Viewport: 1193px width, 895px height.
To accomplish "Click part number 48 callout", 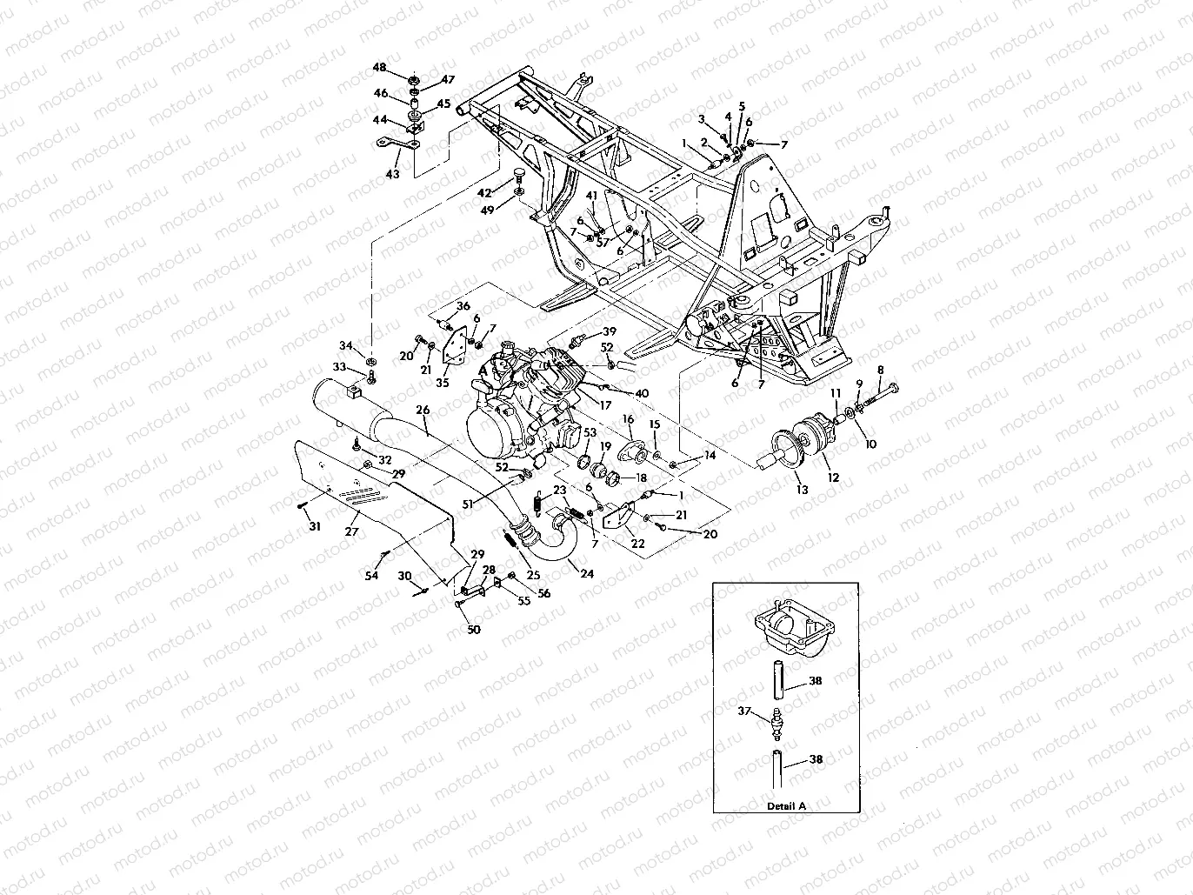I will point(379,67).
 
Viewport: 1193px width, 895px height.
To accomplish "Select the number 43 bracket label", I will point(393,174).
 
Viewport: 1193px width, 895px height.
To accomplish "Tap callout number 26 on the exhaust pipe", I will point(423,409).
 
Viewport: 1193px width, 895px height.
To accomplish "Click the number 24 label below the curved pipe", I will point(587,573).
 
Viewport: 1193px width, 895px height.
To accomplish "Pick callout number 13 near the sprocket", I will point(802,490).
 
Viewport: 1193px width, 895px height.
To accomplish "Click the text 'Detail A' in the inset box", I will point(786,805).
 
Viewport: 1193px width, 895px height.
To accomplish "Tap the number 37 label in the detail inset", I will point(744,711).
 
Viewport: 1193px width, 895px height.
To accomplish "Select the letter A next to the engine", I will point(483,370).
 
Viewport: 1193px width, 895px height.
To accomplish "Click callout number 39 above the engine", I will point(609,331).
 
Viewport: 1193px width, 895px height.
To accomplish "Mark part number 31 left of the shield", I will point(314,526).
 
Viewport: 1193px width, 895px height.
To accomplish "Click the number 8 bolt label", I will point(880,369).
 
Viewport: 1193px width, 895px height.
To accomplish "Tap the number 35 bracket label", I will point(442,382).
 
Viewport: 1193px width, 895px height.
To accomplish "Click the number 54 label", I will point(372,577).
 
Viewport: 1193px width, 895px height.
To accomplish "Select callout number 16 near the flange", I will point(628,419).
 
